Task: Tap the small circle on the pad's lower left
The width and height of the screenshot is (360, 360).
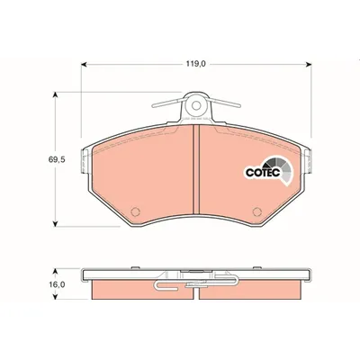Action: coord(135,213)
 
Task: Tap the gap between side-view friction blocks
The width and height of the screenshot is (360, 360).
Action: coord(197,289)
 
